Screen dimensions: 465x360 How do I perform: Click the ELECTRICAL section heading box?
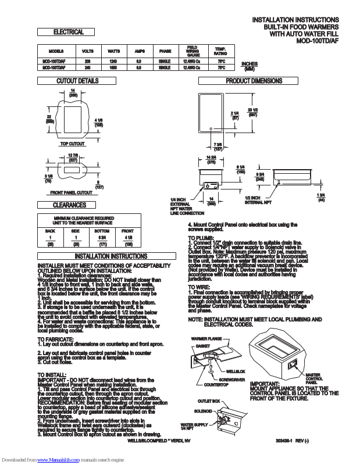[x=68, y=32]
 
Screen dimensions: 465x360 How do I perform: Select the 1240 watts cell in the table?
[x=113, y=60]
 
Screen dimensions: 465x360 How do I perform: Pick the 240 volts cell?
[x=88, y=67]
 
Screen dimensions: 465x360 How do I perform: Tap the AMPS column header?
[x=138, y=51]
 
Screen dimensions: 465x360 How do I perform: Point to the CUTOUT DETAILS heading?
[x=77, y=81]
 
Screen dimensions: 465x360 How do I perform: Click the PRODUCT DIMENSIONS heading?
[x=254, y=81]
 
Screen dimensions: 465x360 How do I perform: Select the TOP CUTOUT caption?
[x=73, y=143]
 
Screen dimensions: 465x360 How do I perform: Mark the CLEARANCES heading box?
[x=70, y=205]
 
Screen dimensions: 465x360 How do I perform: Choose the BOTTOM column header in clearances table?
[x=102, y=231]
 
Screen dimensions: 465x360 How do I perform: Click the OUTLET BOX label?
[x=208, y=401]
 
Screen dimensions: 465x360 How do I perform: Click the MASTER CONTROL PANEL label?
[x=313, y=378]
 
